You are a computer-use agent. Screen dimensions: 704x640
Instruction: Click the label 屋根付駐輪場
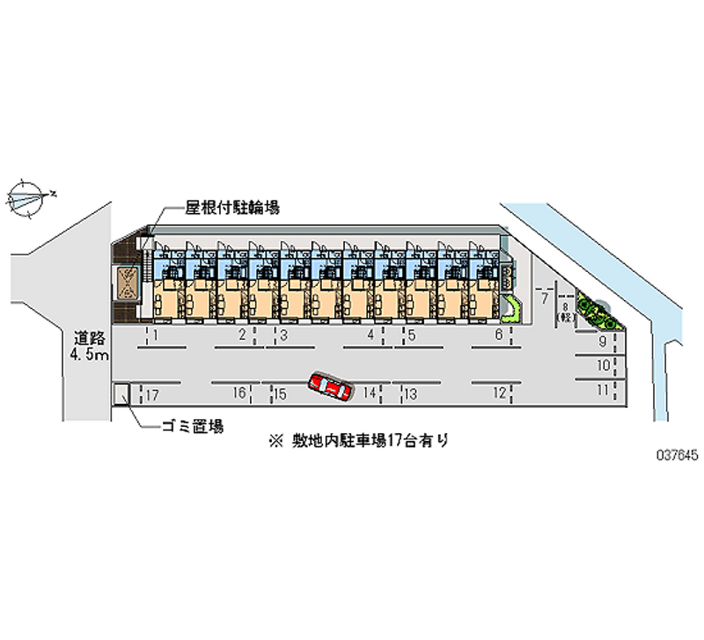pos(232,208)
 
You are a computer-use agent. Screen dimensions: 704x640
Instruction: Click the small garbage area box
pos(123,394)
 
